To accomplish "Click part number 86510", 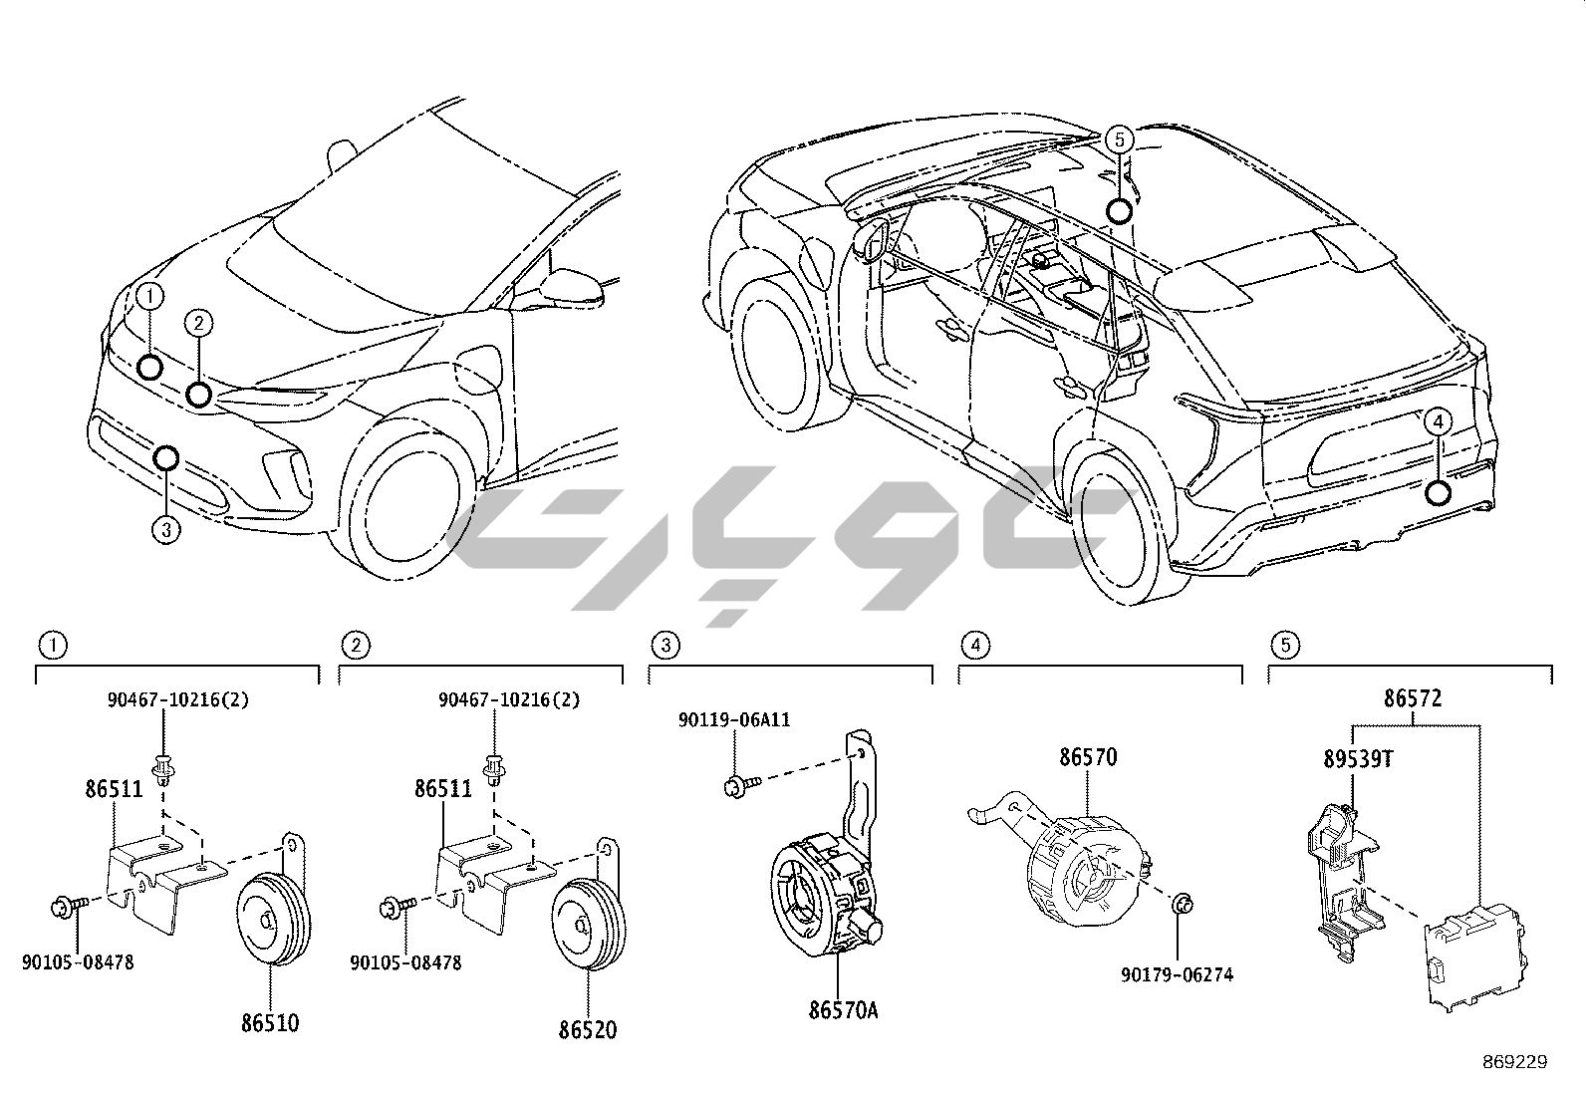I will coord(269,1023).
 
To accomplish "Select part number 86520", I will coord(587,1029).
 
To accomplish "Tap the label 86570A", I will coord(843,1011).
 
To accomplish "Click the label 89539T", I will coord(1358,759).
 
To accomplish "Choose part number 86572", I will coord(1412,699).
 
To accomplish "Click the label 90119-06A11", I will coord(734,719).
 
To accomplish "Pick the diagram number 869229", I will coord(1514,1062).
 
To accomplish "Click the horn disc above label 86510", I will coord(270,917).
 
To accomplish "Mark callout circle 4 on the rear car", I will coord(1436,422).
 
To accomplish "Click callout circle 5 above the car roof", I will coord(1119,140).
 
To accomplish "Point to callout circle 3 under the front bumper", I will coord(166,529).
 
